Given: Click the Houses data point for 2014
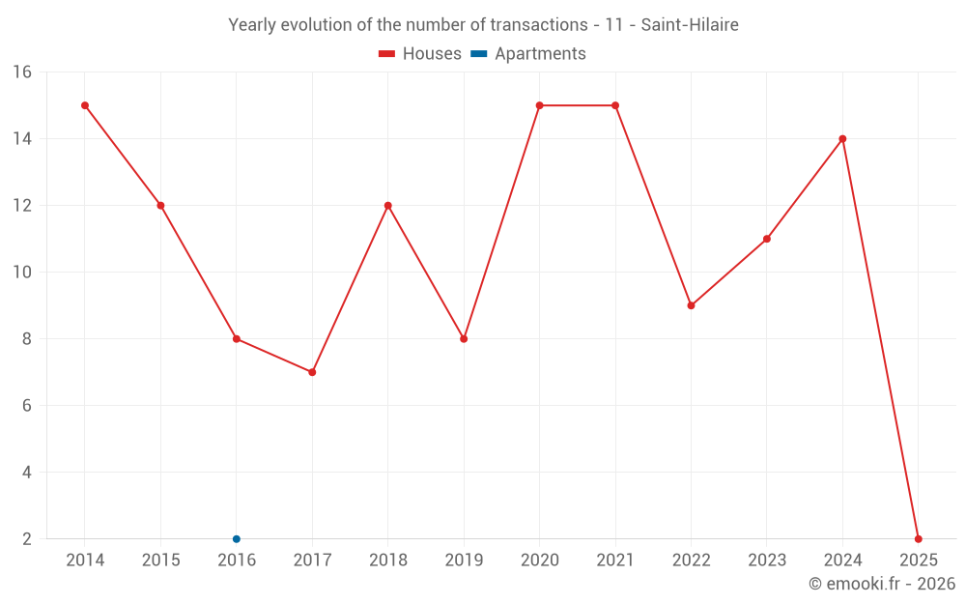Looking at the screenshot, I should pyautogui.click(x=85, y=105).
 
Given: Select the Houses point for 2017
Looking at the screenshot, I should pyautogui.click(x=312, y=372).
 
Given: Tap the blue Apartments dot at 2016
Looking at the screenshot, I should pyautogui.click(x=237, y=539).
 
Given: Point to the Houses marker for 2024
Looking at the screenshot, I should pyautogui.click(x=842, y=139).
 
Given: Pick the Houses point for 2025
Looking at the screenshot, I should pyautogui.click(x=918, y=539).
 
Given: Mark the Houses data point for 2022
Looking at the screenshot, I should pyautogui.click(x=691, y=305).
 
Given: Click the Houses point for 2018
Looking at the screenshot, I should pyautogui.click(x=388, y=206).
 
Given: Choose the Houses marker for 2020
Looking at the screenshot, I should pyautogui.click(x=539, y=105).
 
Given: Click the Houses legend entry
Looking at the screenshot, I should pyautogui.click(x=420, y=54).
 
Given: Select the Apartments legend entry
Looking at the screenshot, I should pyautogui.click(x=528, y=54).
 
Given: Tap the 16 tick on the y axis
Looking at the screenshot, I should pyautogui.click(x=22, y=72).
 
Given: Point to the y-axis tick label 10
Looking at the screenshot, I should pyautogui.click(x=22, y=273).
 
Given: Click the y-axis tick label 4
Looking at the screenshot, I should pyautogui.click(x=26, y=473).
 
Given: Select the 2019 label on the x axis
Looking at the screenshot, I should pyautogui.click(x=464, y=561).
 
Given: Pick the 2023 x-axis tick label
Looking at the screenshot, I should pyautogui.click(x=767, y=561).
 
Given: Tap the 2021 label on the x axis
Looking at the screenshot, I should pyautogui.click(x=615, y=561).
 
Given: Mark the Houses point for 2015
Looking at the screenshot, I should pyautogui.click(x=160, y=206).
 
